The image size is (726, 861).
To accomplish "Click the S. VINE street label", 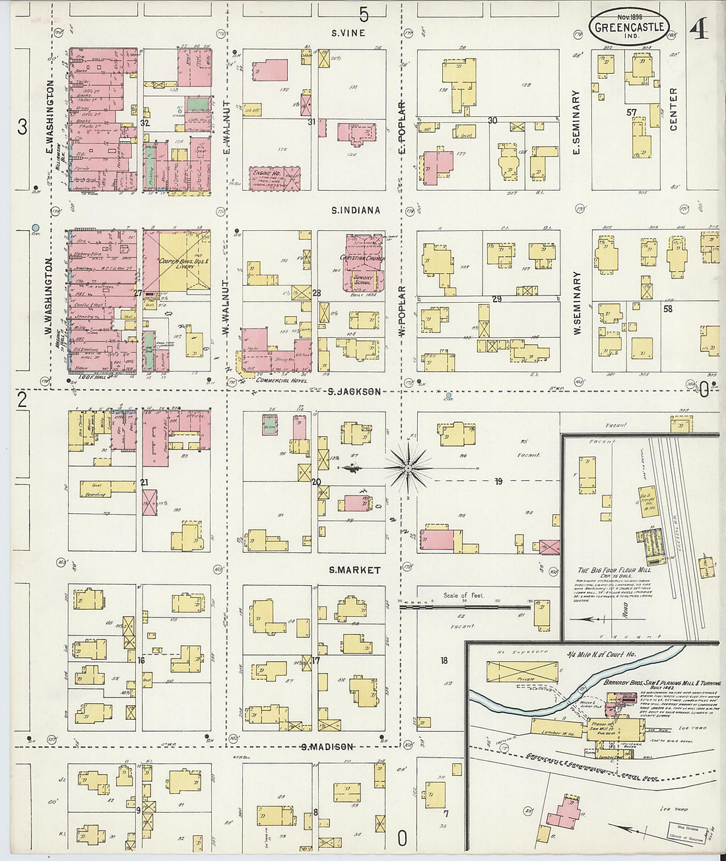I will [x=348, y=33].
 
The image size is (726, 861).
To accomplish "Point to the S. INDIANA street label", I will [x=356, y=210].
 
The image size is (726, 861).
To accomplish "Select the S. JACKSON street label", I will [x=354, y=392].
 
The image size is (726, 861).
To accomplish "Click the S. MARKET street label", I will [x=354, y=570].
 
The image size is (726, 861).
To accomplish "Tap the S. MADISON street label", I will [x=327, y=747].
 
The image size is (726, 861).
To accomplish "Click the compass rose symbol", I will [x=408, y=468].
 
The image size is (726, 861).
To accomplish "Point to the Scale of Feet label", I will [x=463, y=595].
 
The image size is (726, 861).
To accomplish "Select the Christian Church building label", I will [x=362, y=258].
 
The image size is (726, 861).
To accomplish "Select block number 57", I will [x=632, y=113].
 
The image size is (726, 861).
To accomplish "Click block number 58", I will [x=667, y=308].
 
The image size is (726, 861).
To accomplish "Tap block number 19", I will [x=498, y=482].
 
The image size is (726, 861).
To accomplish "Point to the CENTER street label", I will [x=674, y=109].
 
